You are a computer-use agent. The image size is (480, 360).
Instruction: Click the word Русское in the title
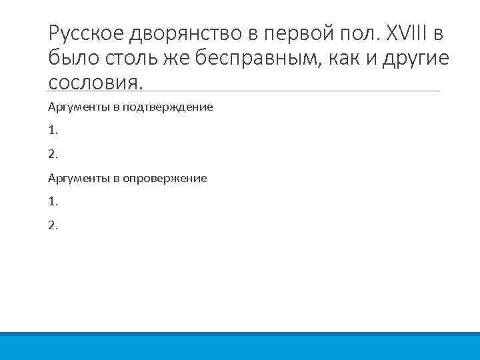coord(85,33)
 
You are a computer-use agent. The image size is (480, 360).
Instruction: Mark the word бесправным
coord(253,59)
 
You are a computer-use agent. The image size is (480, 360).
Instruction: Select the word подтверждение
coord(167,107)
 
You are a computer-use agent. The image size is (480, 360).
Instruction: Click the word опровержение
coord(165,178)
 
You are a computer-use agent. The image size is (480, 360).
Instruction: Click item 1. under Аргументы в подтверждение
coord(53,130)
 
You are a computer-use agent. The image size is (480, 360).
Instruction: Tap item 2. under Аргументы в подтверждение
coord(53,154)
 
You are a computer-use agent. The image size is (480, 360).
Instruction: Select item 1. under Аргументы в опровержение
coord(53,201)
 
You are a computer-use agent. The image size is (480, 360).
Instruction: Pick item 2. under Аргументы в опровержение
coord(53,225)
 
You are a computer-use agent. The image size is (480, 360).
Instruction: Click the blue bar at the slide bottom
coord(240,346)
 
